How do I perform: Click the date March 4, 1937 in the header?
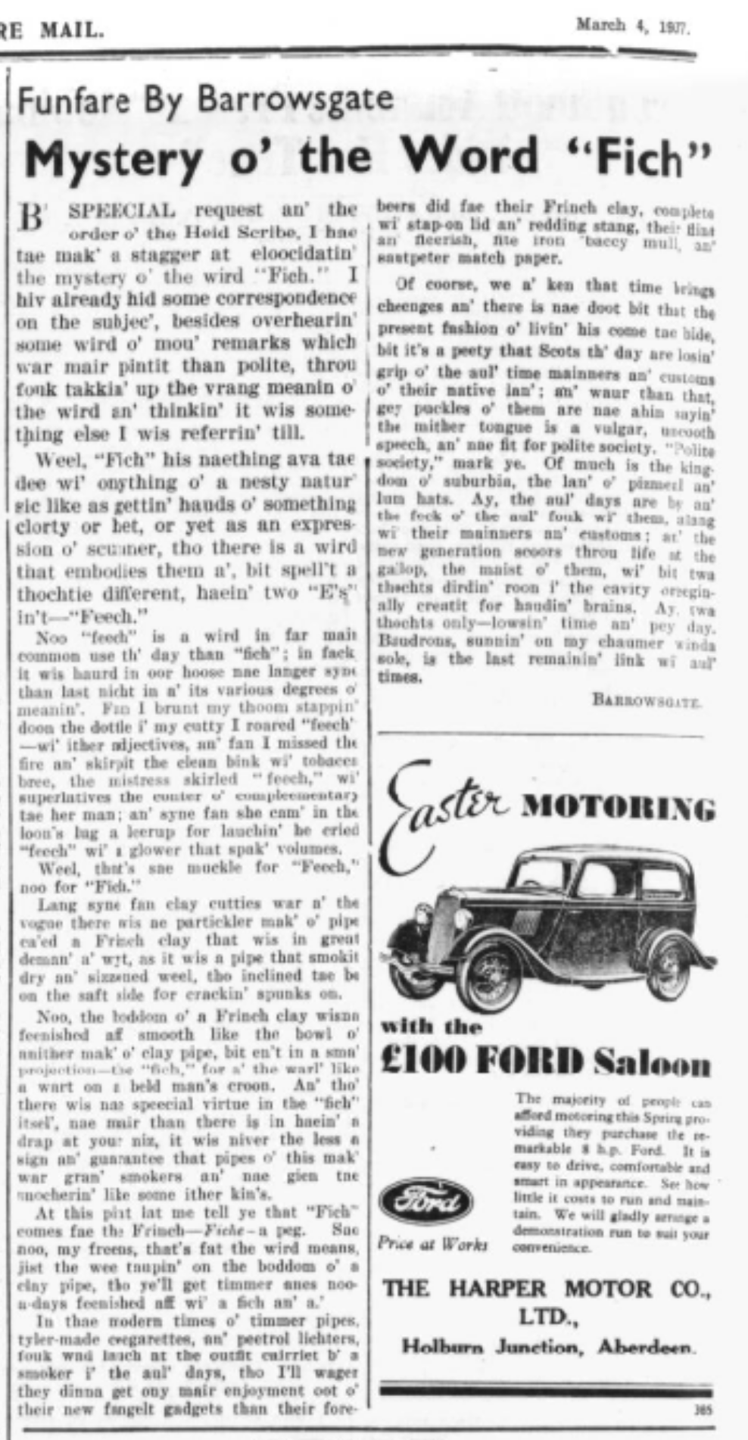tap(631, 26)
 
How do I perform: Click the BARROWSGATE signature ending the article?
tap(647, 701)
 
